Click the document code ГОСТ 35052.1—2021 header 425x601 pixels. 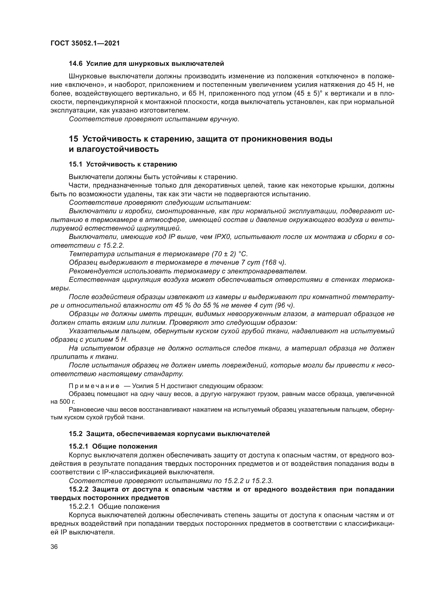[x=85, y=43]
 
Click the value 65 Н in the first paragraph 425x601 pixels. [x=197, y=94]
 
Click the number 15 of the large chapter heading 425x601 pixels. [x=73, y=139]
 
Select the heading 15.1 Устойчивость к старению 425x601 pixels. [x=123, y=164]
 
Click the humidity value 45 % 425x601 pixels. [x=182, y=306]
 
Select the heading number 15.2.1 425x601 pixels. [x=79, y=446]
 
